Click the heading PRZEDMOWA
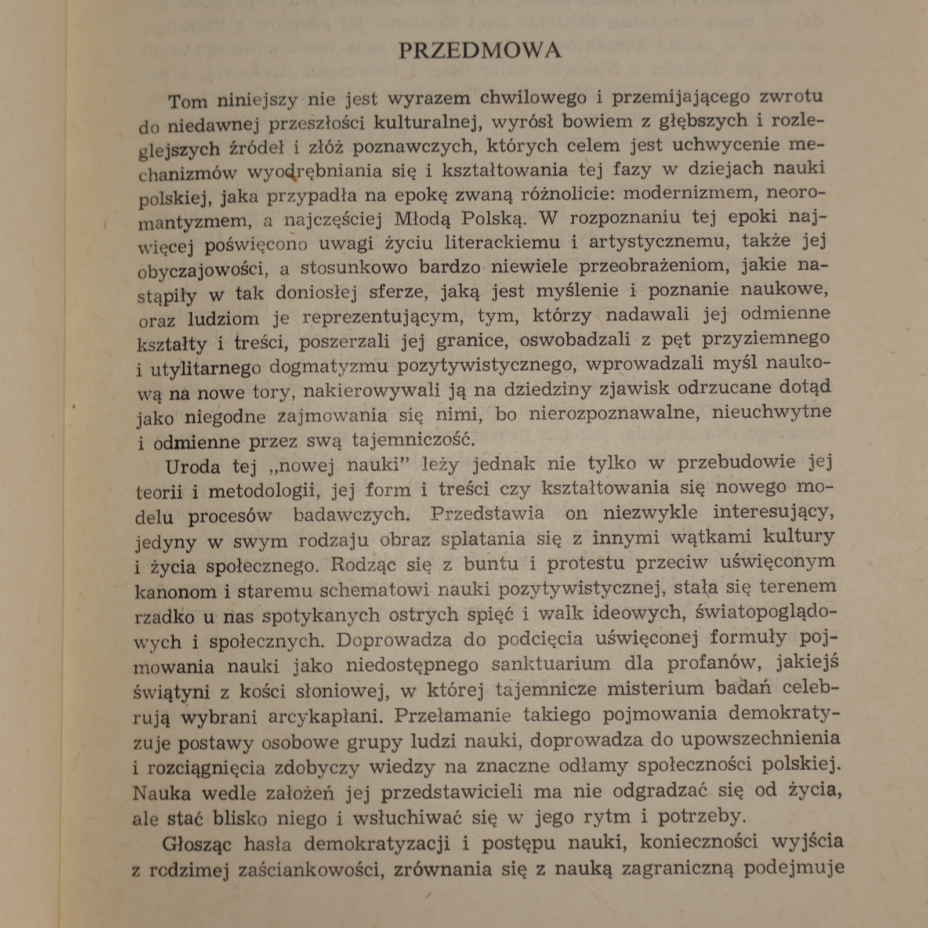pos(480,51)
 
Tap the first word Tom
pos(188,102)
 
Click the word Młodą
pos(424,219)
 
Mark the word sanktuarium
pos(550,664)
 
